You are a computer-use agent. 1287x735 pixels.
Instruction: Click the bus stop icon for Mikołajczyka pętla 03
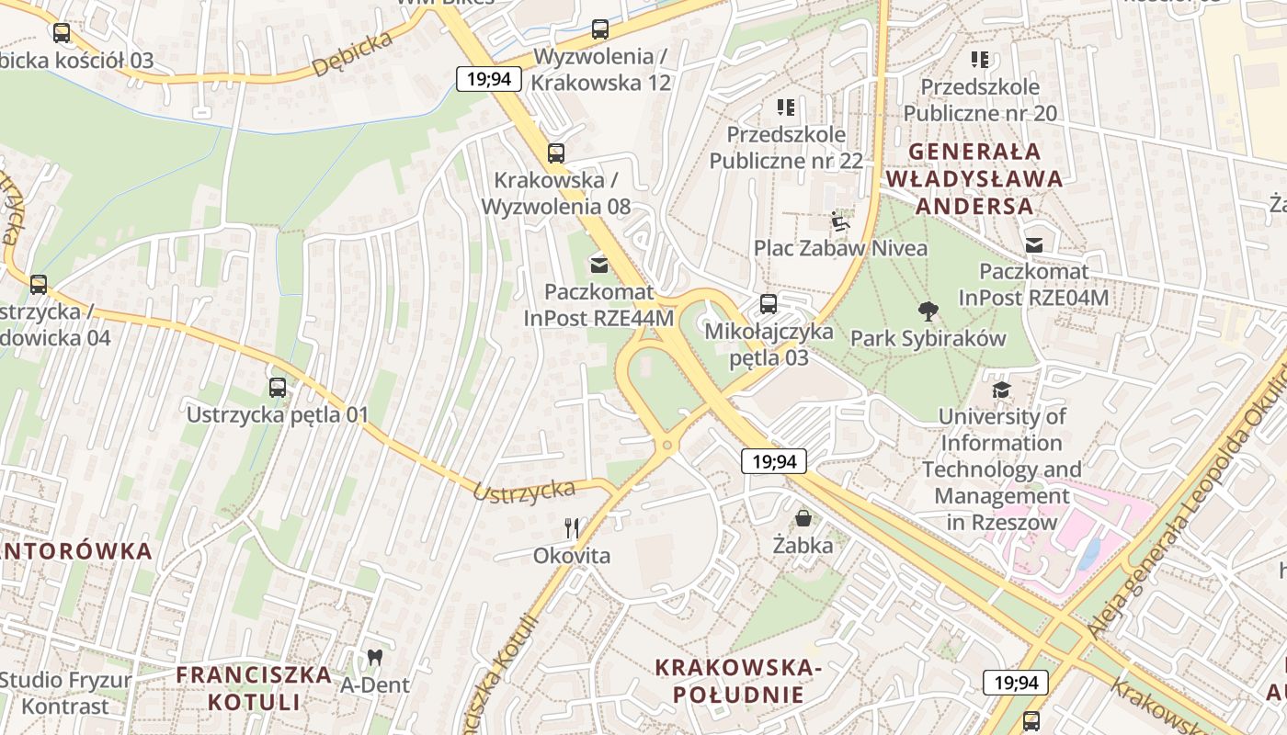(769, 303)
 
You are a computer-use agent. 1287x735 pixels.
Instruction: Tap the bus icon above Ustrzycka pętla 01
(278, 388)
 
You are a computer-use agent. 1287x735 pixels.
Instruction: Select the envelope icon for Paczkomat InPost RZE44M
(599, 266)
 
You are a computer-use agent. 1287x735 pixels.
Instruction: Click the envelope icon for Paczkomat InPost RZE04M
(1034, 244)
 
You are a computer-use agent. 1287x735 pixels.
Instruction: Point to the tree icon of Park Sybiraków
(928, 311)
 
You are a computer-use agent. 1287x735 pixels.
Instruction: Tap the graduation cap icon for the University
(1001, 390)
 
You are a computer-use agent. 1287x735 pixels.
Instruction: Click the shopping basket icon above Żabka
(803, 518)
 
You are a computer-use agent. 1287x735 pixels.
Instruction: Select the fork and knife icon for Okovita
(572, 527)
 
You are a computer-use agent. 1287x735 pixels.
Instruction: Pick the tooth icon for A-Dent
(374, 657)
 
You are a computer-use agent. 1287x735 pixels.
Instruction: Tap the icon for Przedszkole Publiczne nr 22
(785, 107)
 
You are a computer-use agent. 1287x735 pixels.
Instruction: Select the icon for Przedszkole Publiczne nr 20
(980, 60)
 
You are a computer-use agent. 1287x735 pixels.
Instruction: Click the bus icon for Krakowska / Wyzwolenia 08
(556, 153)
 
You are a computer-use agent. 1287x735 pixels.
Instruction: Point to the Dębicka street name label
(352, 54)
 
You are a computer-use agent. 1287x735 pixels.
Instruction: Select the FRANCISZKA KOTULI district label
(254, 687)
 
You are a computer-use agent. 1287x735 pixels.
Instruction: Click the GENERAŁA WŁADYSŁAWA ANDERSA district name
(974, 178)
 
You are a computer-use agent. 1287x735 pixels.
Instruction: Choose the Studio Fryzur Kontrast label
(65, 693)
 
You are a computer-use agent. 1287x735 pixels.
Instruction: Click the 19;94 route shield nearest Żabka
(774, 461)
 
